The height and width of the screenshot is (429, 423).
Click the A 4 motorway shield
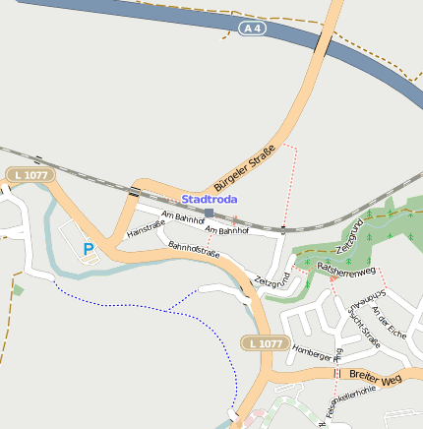254,29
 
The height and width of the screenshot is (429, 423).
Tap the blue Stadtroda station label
209,199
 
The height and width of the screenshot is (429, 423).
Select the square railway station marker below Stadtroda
209,213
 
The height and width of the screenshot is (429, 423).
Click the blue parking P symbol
89,250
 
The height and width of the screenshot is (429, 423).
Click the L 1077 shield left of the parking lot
30,174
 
